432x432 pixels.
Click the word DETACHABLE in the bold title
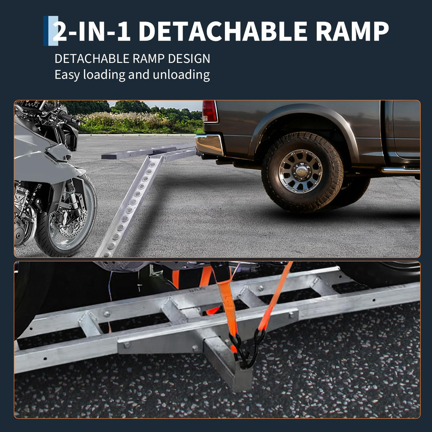223,31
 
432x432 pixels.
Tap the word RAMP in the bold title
352,31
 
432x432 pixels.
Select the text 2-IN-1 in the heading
92,31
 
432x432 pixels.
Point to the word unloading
181,75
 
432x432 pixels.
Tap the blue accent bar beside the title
51,30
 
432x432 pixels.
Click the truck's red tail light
209,111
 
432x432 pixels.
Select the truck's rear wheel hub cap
300,171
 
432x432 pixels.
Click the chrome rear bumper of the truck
209,144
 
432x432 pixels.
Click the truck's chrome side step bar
401,170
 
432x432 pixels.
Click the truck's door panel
406,130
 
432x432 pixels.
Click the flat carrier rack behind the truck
149,151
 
